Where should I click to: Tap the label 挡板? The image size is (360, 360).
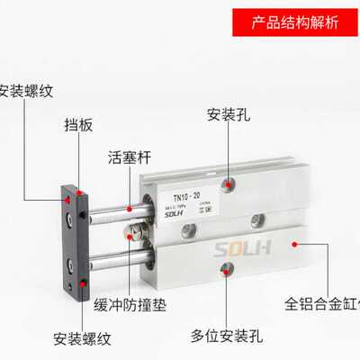[78, 126]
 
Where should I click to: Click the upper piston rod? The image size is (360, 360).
[108, 212]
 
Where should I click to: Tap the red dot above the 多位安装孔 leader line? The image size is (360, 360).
[226, 267]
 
